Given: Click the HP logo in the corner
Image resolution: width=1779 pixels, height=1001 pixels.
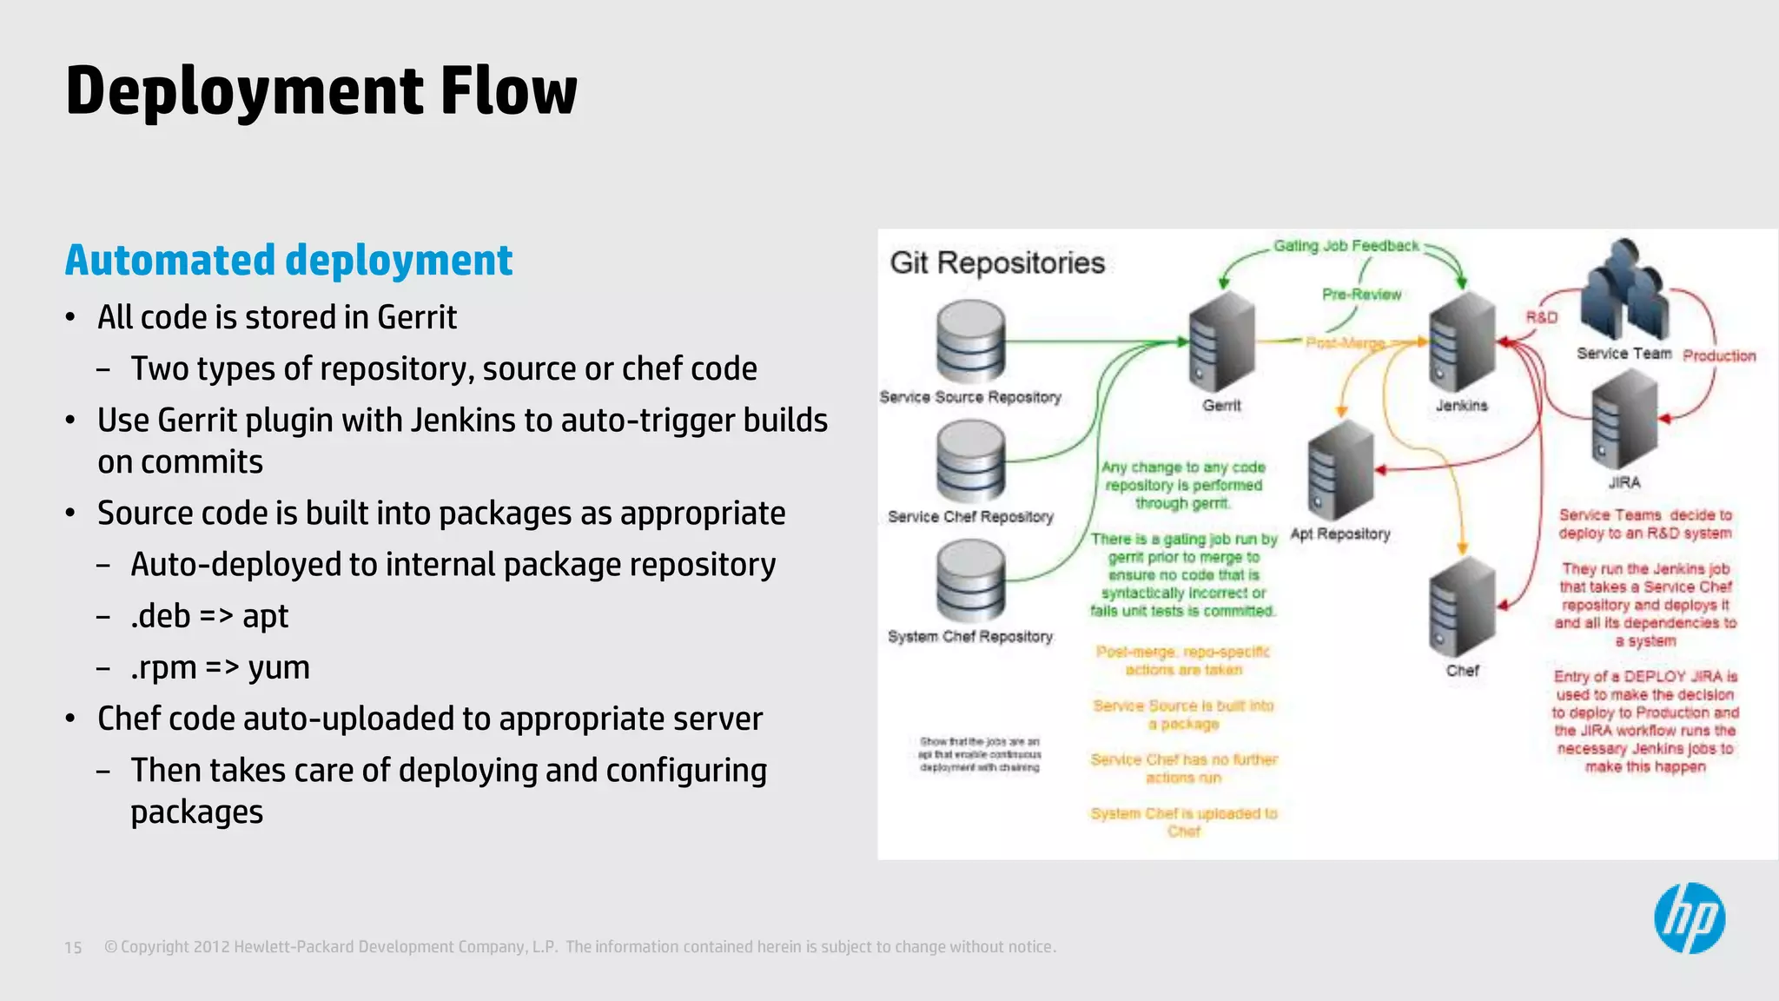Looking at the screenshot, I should pyautogui.click(x=1689, y=918).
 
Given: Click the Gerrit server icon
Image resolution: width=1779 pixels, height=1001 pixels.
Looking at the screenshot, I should pyautogui.click(x=1222, y=342).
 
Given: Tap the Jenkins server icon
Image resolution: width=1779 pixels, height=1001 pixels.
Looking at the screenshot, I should pyautogui.click(x=1463, y=342).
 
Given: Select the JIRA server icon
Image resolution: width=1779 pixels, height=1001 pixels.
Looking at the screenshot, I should pyautogui.click(x=1624, y=420).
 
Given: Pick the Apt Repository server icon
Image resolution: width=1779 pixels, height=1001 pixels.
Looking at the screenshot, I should pyautogui.click(x=1340, y=471).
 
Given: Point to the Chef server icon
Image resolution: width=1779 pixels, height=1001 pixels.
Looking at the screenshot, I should pyautogui.click(x=1463, y=608).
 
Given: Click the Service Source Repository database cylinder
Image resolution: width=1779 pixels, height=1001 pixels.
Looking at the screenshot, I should pyautogui.click(x=970, y=341).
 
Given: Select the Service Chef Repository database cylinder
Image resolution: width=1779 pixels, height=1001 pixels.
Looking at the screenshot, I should pyautogui.click(x=970, y=461).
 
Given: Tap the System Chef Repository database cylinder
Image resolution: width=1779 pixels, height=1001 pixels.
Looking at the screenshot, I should pyautogui.click(x=970, y=580).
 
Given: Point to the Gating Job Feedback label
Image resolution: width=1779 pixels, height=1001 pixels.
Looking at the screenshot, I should pyautogui.click(x=1346, y=246).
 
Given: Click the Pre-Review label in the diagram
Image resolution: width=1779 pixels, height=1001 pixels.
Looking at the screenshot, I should pyautogui.click(x=1361, y=295).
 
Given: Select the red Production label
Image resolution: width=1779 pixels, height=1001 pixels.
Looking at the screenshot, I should pyautogui.click(x=1718, y=356).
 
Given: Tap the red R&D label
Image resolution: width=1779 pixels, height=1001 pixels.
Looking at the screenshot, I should pyautogui.click(x=1542, y=317).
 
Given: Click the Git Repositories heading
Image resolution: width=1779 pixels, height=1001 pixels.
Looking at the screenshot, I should pyautogui.click(x=997, y=262).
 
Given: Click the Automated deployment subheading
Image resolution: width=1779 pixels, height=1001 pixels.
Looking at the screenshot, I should pyautogui.click(x=288, y=260).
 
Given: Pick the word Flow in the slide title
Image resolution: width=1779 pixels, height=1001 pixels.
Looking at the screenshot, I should pyautogui.click(x=508, y=91).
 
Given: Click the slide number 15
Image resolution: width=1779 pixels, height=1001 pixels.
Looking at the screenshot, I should pyautogui.click(x=73, y=947).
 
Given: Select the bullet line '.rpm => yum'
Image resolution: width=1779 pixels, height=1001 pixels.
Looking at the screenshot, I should pyautogui.click(x=220, y=667).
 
